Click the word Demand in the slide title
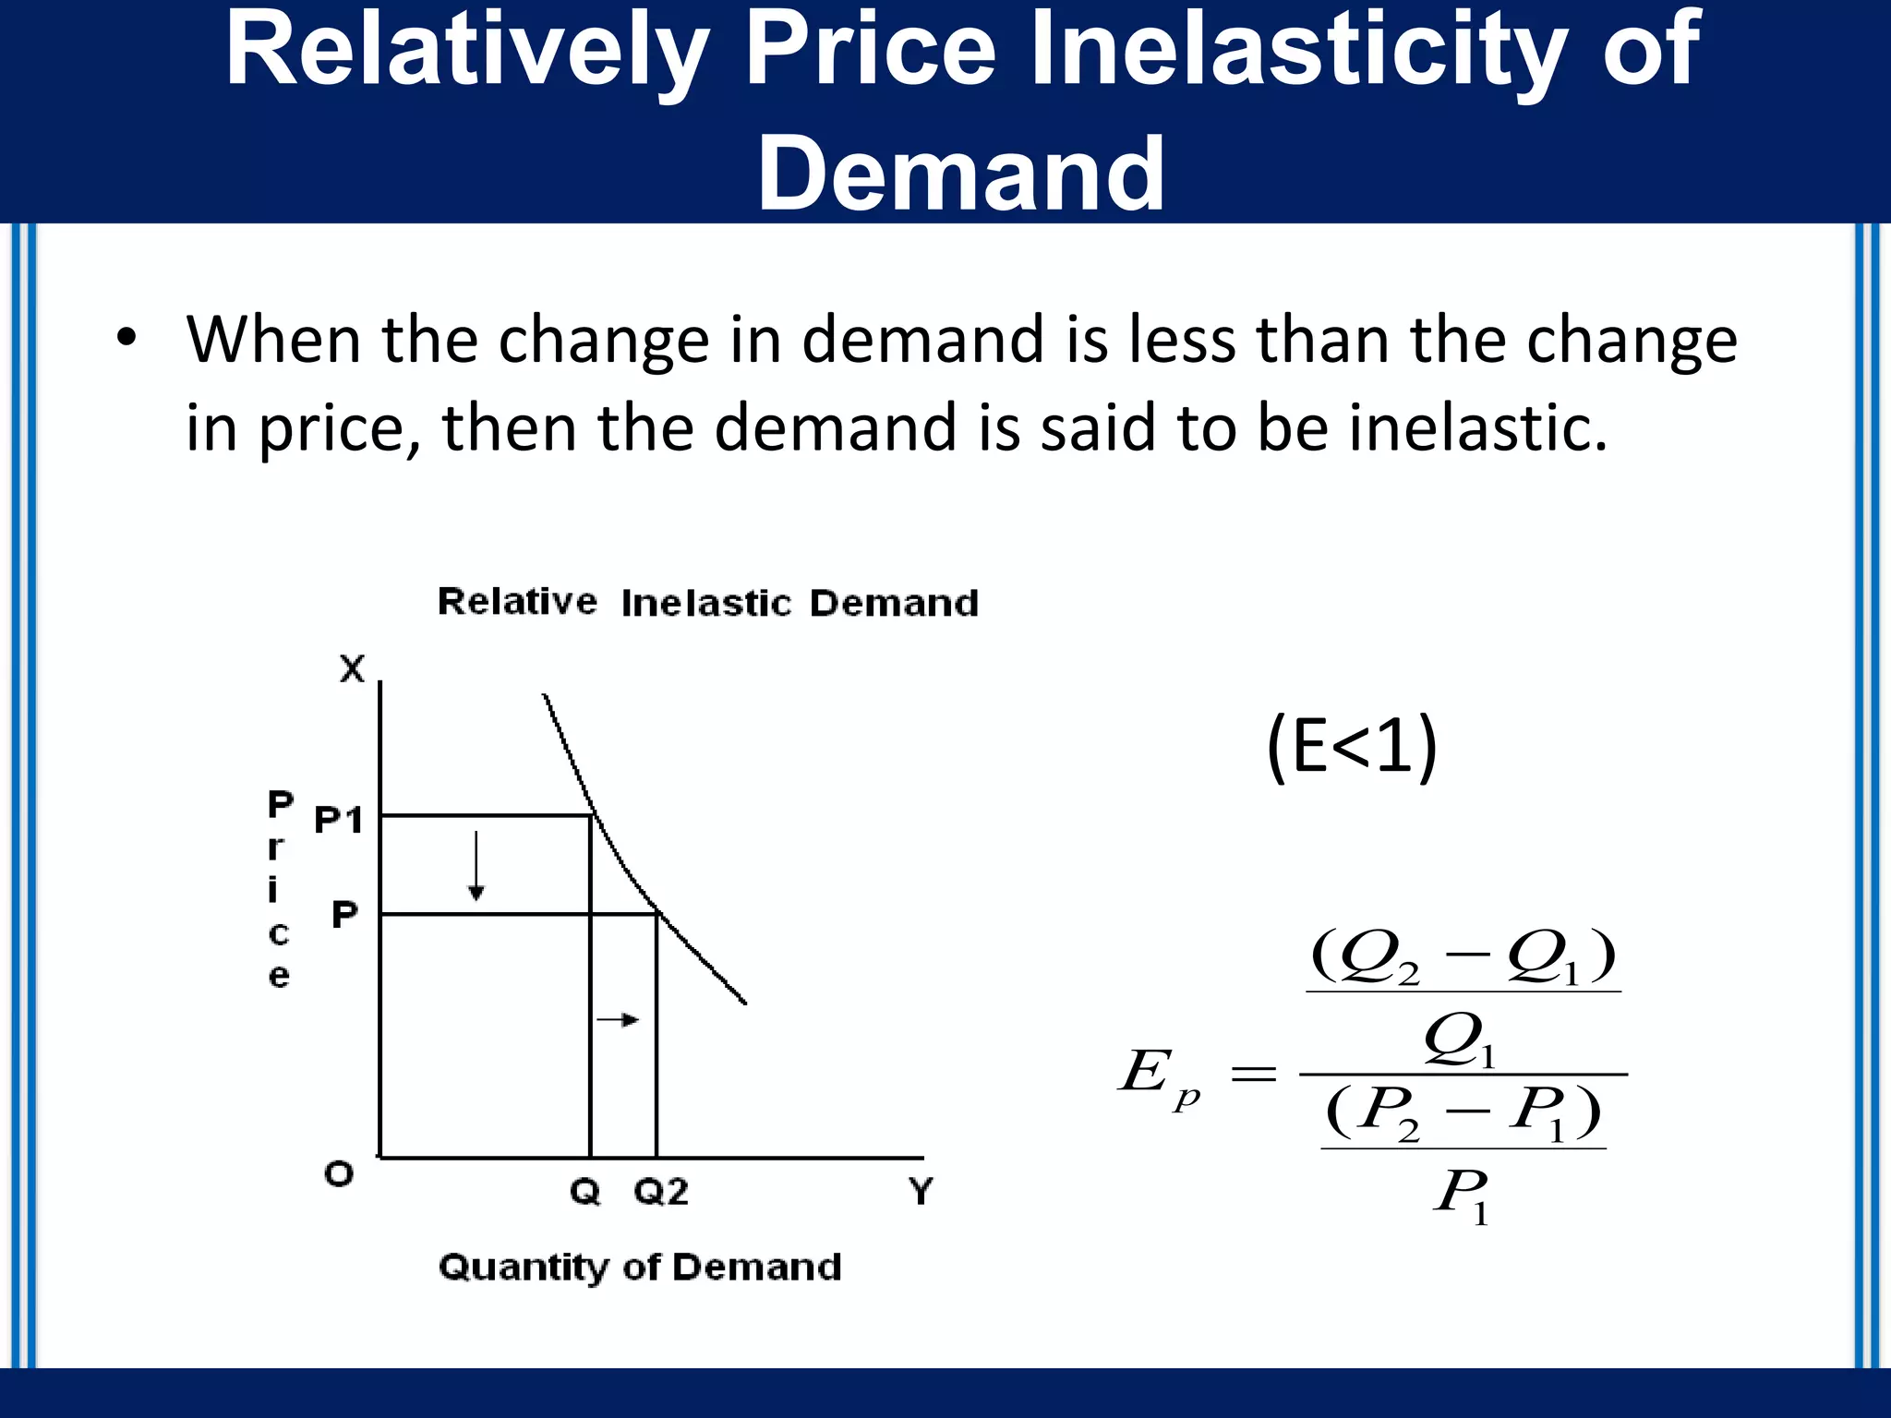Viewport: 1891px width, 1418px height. [x=961, y=173]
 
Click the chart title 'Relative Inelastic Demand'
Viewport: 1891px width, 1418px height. [x=707, y=602]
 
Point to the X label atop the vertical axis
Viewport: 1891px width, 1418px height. [x=352, y=667]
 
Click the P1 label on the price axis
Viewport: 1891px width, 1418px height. [x=339, y=819]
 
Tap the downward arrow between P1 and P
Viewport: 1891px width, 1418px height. [x=476, y=865]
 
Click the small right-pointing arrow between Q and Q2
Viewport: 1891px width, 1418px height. [x=618, y=1019]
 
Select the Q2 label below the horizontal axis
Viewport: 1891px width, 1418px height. [x=661, y=1192]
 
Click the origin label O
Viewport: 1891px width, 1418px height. [x=339, y=1174]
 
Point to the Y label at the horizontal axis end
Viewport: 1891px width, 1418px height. [x=921, y=1191]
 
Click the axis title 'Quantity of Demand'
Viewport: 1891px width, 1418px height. [x=640, y=1267]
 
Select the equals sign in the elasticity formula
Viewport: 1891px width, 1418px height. [x=1254, y=1075]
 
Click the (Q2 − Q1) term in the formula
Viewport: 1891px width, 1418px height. [x=1463, y=957]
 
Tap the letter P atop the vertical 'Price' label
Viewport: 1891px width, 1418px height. [x=280, y=803]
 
